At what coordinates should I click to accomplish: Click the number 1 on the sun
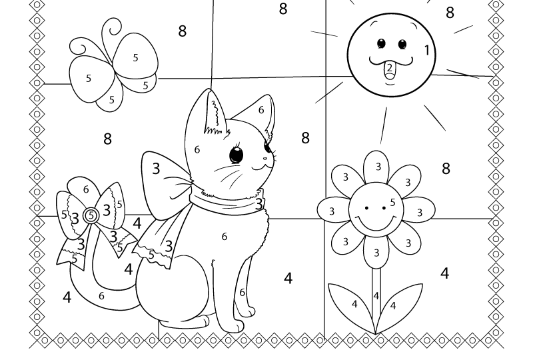pos(427,50)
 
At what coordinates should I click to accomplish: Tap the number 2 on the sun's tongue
pos(389,67)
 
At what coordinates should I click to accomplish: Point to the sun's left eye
pos(381,44)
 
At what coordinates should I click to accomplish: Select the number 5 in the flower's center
pos(392,203)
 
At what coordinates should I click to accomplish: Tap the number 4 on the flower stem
pos(376,296)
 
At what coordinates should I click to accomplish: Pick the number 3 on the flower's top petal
pos(378,167)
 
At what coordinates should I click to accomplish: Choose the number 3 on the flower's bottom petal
pos(376,253)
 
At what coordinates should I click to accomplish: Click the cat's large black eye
pos(236,155)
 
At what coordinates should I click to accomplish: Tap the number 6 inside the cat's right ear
pos(261,110)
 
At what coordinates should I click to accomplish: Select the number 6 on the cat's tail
pos(101,296)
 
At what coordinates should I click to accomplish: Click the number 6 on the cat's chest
pos(225,236)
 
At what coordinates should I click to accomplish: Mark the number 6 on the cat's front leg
pos(242,292)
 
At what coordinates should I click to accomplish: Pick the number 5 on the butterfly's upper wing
pos(135,58)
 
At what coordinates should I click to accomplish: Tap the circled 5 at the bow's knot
pos(91,215)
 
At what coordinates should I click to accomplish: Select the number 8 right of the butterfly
pos(182,31)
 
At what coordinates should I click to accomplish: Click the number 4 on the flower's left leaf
pos(354,304)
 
